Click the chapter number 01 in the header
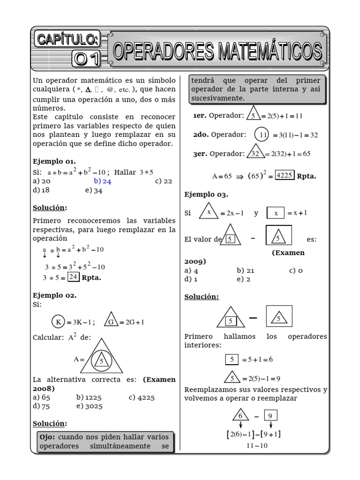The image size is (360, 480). coord(87,58)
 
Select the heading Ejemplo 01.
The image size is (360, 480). coord(54,161)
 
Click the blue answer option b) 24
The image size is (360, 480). coord(102,181)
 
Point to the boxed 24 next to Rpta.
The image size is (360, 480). coord(73,277)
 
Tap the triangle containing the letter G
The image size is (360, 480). coord(111,321)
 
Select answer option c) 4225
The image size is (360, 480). coord(144,397)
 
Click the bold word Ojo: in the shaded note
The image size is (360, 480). coord(48,437)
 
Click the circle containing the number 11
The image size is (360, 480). coord(262,135)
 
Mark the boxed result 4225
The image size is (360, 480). coord(284,176)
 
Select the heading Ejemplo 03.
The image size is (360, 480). coord(206,194)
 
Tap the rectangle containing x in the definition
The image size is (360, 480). coord(276,213)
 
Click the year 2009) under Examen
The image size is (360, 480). coord(195,262)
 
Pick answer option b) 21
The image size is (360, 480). coord(245,270)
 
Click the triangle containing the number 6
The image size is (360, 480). coord(240,415)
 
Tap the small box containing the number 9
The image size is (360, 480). coord(270,415)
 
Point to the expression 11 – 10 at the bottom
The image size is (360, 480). coord(256,446)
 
